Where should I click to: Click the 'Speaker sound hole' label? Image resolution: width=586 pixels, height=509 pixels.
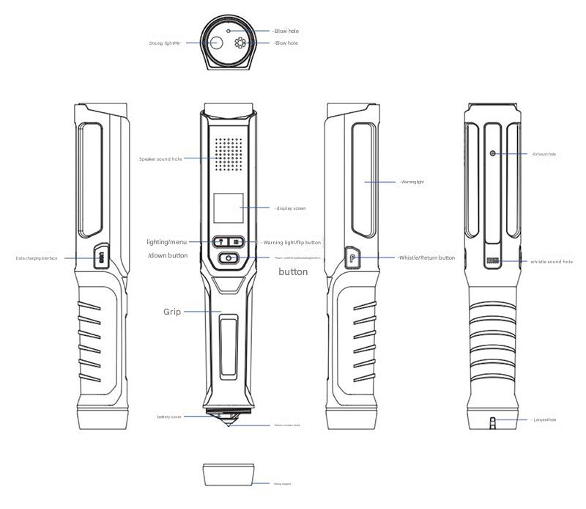pyautogui.click(x=160, y=158)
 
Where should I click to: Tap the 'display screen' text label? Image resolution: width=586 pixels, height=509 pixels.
pyautogui.click(x=291, y=208)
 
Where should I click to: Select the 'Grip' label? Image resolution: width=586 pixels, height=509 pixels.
pyautogui.click(x=172, y=312)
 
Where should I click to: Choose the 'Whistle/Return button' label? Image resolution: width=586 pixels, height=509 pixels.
pyautogui.click(x=426, y=258)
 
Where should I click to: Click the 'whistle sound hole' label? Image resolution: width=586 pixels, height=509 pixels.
pyautogui.click(x=552, y=262)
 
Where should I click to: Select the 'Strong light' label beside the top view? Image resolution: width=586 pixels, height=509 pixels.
pyautogui.click(x=165, y=43)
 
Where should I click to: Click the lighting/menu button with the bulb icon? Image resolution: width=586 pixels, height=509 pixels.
pyautogui.click(x=220, y=241)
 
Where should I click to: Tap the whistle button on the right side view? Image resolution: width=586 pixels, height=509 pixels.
pyautogui.click(x=352, y=258)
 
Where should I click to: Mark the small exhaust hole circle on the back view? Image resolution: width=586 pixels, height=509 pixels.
pyautogui.click(x=493, y=153)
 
